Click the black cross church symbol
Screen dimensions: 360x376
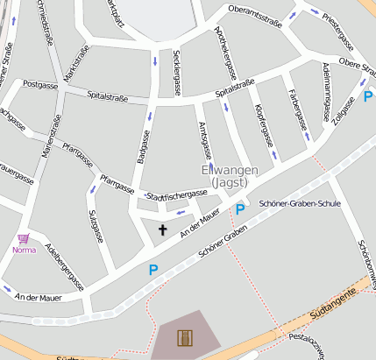tap(161, 229)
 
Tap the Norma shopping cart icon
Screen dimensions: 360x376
tap(24, 238)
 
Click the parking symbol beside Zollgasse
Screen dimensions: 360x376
tap(368, 96)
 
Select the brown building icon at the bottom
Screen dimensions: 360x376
tap(184, 337)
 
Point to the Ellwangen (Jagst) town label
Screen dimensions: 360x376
tap(229, 176)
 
